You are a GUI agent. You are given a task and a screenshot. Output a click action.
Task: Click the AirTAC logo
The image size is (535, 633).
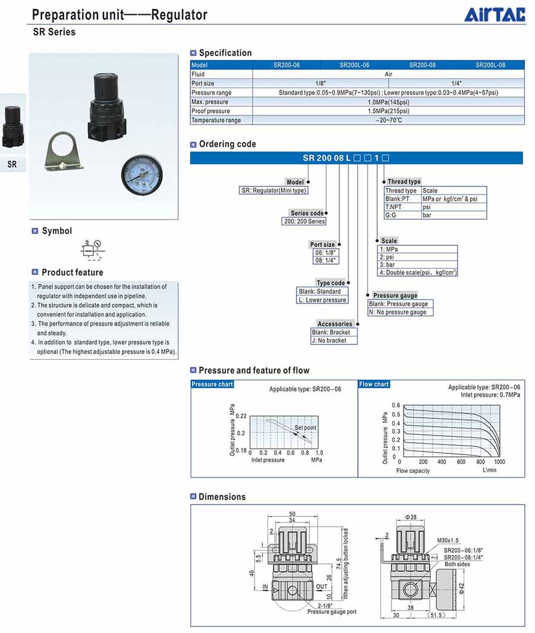click(495, 14)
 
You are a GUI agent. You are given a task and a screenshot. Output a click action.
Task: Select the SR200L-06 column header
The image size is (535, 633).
click(354, 65)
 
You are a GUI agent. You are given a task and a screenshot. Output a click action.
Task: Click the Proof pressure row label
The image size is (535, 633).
click(210, 111)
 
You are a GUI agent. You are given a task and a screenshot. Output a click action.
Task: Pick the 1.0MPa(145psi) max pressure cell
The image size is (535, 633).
click(388, 102)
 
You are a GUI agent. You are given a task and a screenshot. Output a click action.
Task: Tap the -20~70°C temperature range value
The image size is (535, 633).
click(389, 121)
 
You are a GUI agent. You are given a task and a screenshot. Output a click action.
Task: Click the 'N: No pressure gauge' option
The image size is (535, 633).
click(397, 312)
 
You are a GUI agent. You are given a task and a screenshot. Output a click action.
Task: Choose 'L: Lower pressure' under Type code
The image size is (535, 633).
click(322, 300)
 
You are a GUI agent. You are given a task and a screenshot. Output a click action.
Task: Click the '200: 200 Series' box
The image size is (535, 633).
click(304, 221)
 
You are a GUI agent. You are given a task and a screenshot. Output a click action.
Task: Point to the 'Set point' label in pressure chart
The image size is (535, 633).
click(305, 428)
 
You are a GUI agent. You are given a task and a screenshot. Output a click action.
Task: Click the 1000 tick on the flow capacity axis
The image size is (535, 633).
click(499, 462)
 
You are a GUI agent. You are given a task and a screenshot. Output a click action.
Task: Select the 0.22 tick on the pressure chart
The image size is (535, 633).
click(241, 415)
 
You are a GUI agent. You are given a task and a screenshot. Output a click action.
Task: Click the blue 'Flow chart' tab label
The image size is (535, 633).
click(374, 384)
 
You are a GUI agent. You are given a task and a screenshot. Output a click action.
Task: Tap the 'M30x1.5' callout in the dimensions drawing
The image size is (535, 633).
click(448, 540)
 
